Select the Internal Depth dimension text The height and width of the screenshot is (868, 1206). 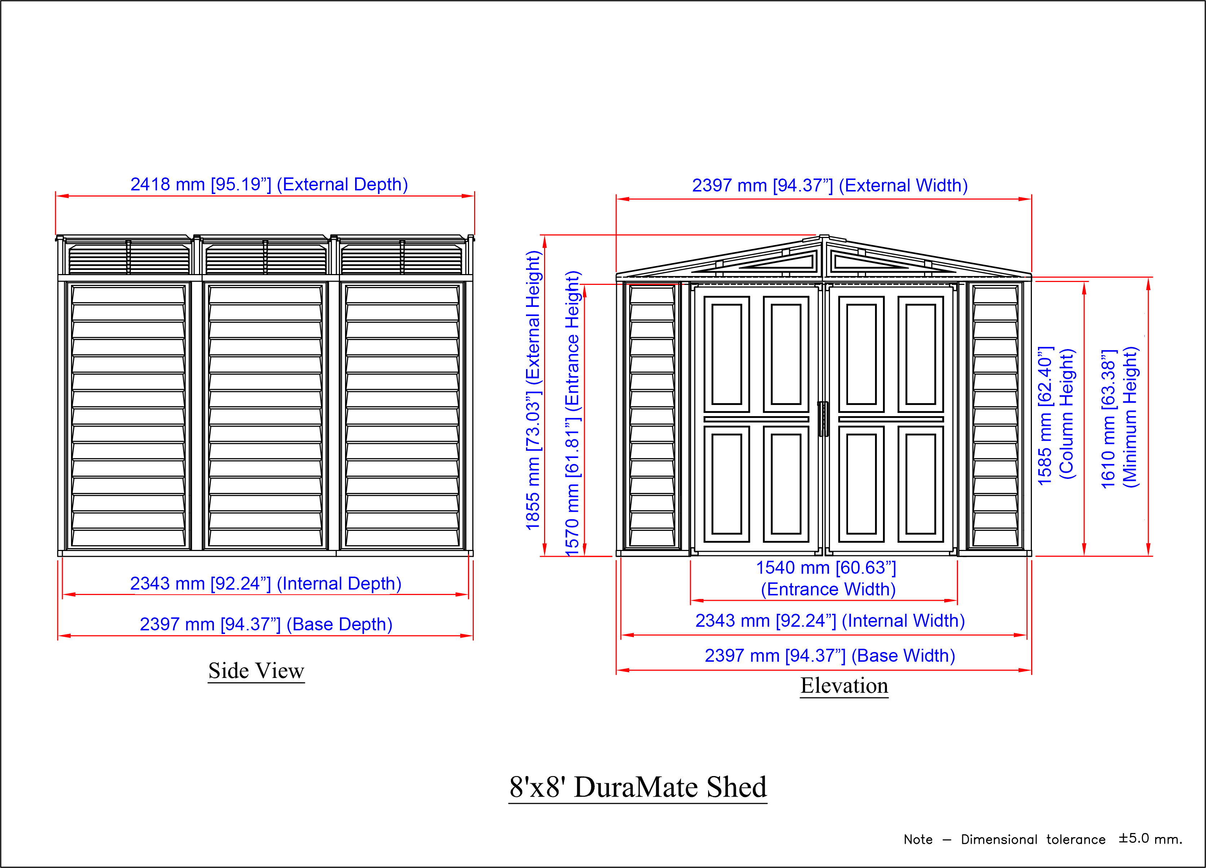point(266,584)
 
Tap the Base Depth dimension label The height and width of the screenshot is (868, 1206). point(266,625)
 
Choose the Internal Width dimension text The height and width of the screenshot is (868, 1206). point(830,621)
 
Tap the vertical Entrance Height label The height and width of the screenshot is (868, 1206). point(572,414)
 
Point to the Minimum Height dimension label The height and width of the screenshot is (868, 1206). point(1119,418)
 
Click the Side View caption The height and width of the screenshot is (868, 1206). point(256,671)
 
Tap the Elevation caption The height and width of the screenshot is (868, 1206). point(844,686)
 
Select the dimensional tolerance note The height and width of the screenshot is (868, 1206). point(1043,839)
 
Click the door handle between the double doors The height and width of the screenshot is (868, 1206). point(823,419)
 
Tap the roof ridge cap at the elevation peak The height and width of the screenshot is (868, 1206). point(824,237)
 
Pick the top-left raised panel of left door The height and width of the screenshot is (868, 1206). point(726,354)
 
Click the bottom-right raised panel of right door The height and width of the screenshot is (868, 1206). point(920,484)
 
